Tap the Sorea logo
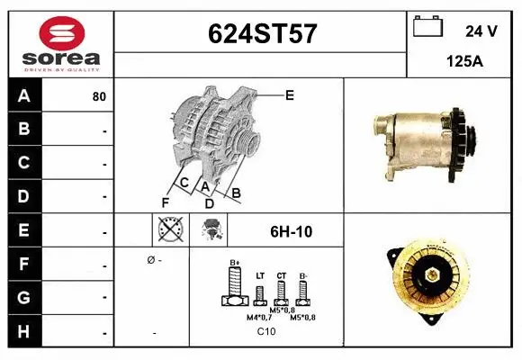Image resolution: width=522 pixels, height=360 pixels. pyautogui.click(x=60, y=41)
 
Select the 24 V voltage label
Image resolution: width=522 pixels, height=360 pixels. pyautogui.click(x=481, y=31)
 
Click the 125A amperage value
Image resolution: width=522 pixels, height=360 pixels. pyautogui.click(x=464, y=64)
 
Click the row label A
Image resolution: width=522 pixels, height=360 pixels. pyautogui.click(x=23, y=96)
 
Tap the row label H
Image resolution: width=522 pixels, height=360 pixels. pyautogui.click(x=23, y=332)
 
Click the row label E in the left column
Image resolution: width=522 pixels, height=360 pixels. pyautogui.click(x=23, y=231)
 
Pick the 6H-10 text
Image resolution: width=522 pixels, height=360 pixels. pyautogui.click(x=290, y=232)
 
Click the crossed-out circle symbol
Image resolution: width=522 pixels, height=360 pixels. pyautogui.click(x=170, y=231)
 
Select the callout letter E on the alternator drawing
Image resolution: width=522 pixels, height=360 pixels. pyautogui.click(x=289, y=94)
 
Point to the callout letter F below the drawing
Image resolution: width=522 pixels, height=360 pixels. pyautogui.click(x=166, y=201)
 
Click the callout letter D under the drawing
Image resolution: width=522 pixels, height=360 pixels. pyautogui.click(x=209, y=203)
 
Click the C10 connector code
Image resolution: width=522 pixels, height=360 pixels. pyautogui.click(x=266, y=331)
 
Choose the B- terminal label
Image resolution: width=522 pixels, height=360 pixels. pyautogui.click(x=303, y=275)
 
